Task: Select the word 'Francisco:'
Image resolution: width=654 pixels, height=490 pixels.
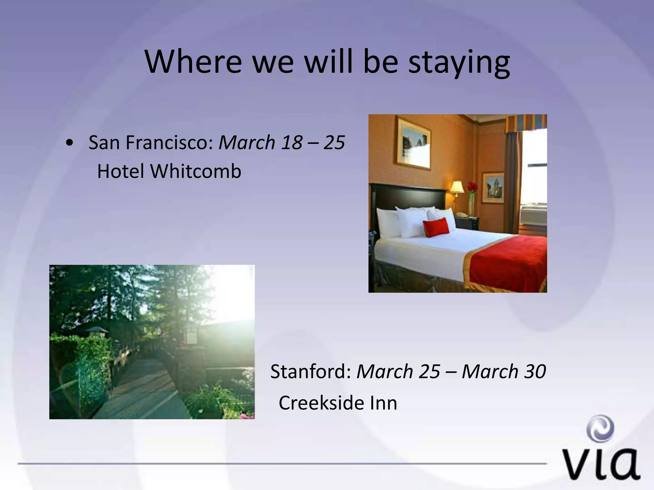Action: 169,142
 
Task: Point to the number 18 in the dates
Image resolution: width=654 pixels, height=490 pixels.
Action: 291,142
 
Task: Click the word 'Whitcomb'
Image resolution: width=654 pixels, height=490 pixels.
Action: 195,171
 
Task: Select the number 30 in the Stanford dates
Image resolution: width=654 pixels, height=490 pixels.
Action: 534,372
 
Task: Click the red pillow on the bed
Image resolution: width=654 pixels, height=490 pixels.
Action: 436,227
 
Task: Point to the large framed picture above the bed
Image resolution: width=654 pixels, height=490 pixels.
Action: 413,142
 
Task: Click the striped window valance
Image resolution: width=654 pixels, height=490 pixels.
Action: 525,123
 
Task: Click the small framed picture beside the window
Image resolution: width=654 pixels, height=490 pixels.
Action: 493,187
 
